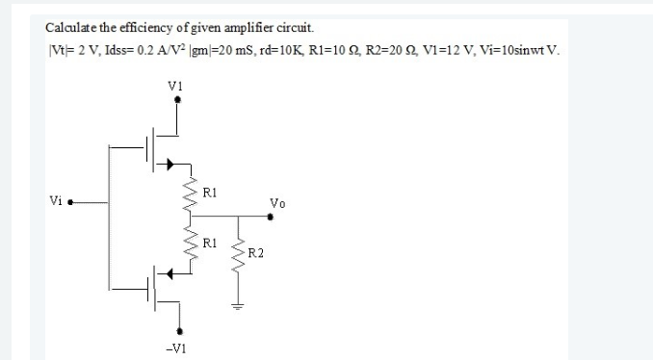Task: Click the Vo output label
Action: point(278,204)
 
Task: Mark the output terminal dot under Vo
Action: point(274,218)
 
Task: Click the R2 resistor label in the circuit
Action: point(255,252)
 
